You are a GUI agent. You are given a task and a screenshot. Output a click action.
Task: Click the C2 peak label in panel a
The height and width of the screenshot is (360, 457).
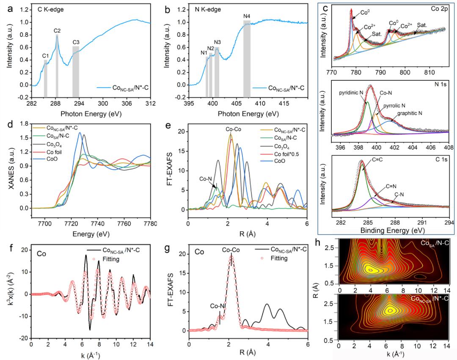point(57,30)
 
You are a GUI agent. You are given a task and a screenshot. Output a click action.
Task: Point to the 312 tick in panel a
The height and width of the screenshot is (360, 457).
point(151,102)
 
